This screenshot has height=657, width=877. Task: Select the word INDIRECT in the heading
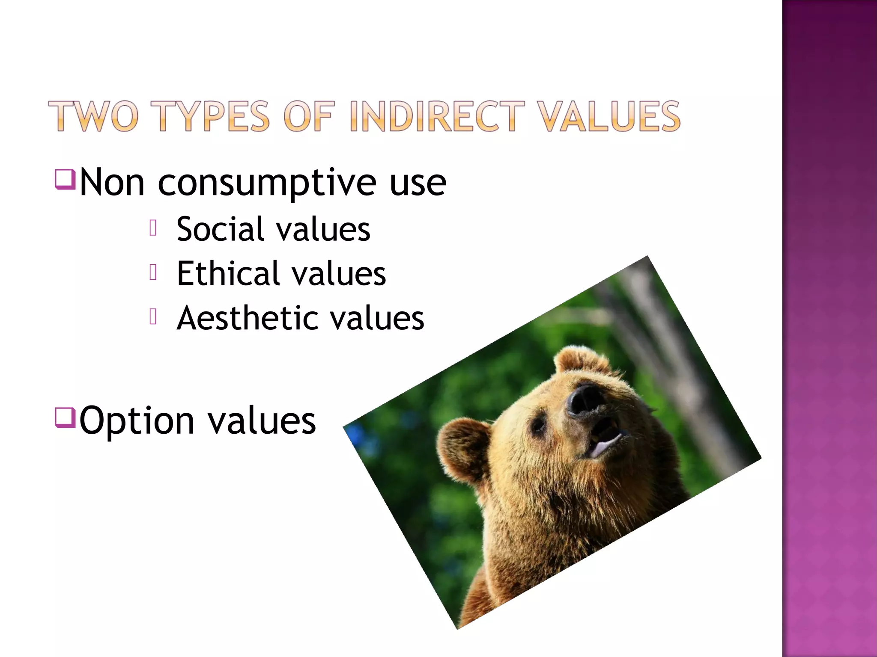coord(437,116)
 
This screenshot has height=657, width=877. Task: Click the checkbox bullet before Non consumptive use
coord(65,179)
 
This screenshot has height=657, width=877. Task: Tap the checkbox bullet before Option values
coord(65,417)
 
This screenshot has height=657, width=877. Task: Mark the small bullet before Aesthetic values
coord(153,317)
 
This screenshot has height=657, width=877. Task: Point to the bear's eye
coord(537,425)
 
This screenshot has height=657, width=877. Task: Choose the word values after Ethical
coord(338,274)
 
